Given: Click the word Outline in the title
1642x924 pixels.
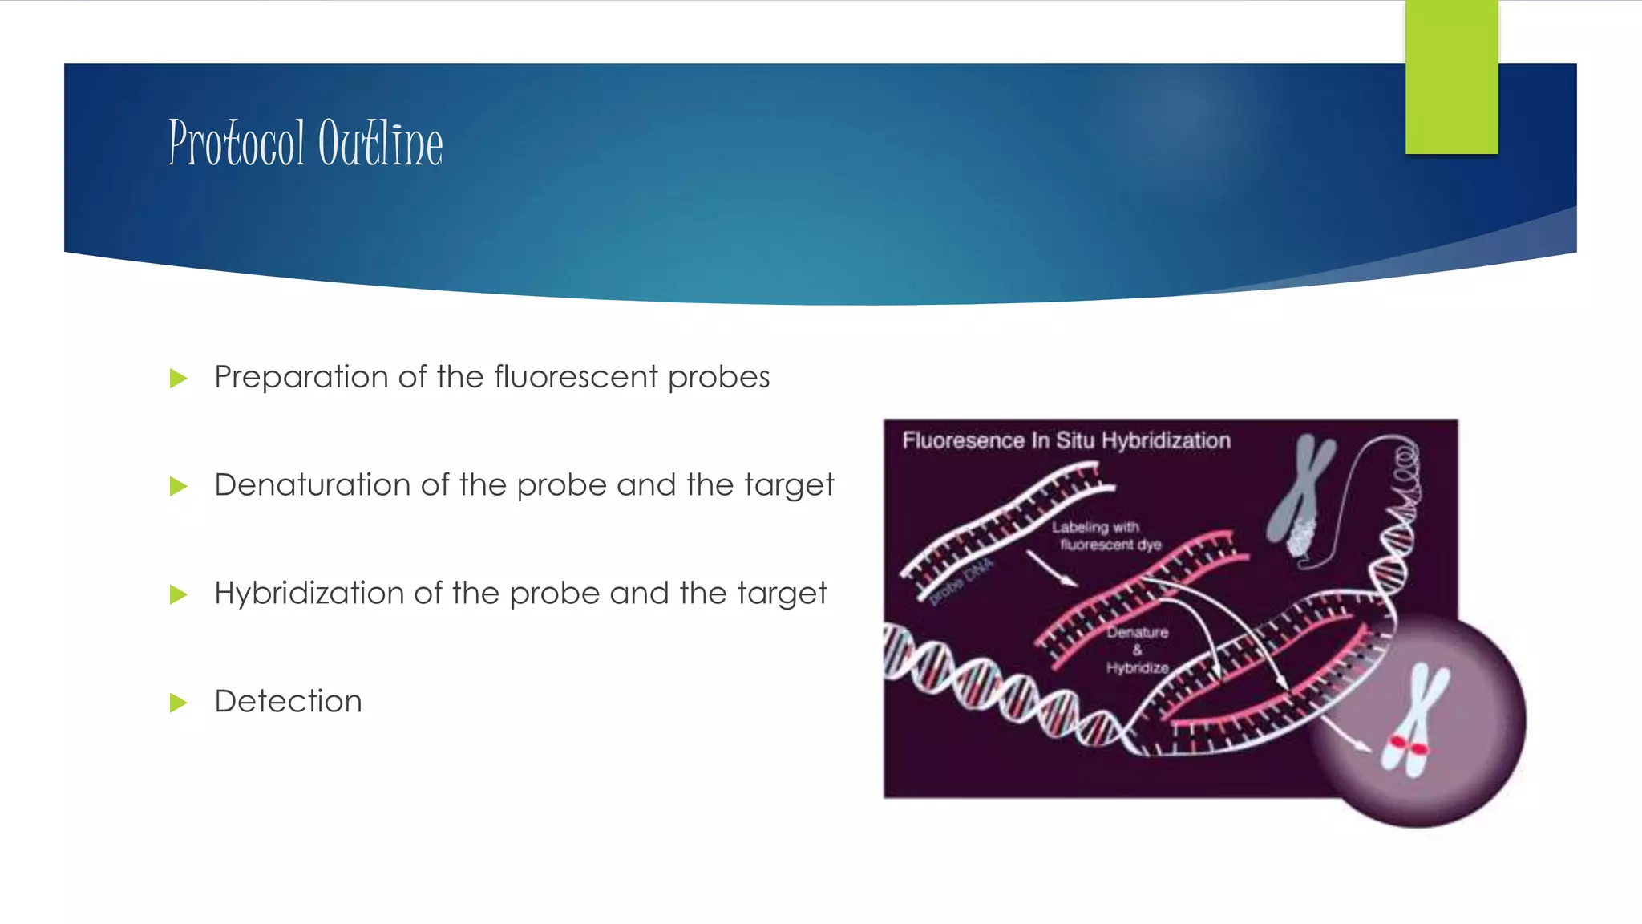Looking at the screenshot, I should point(380,143).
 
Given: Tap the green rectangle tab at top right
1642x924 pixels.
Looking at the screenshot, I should point(1451,77).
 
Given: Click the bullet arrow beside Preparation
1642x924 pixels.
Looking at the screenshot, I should point(178,378).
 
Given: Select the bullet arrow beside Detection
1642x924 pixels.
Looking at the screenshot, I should point(178,703).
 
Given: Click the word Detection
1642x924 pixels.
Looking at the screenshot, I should point(288,701).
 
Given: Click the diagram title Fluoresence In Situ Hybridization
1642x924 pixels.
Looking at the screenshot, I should point(1066,440).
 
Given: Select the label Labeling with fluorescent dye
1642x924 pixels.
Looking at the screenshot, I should point(1106,536).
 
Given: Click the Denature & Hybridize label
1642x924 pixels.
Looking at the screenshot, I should point(1137,650).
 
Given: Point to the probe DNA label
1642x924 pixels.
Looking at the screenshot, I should point(962,582).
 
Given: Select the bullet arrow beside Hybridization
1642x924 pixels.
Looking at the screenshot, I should point(178,594).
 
